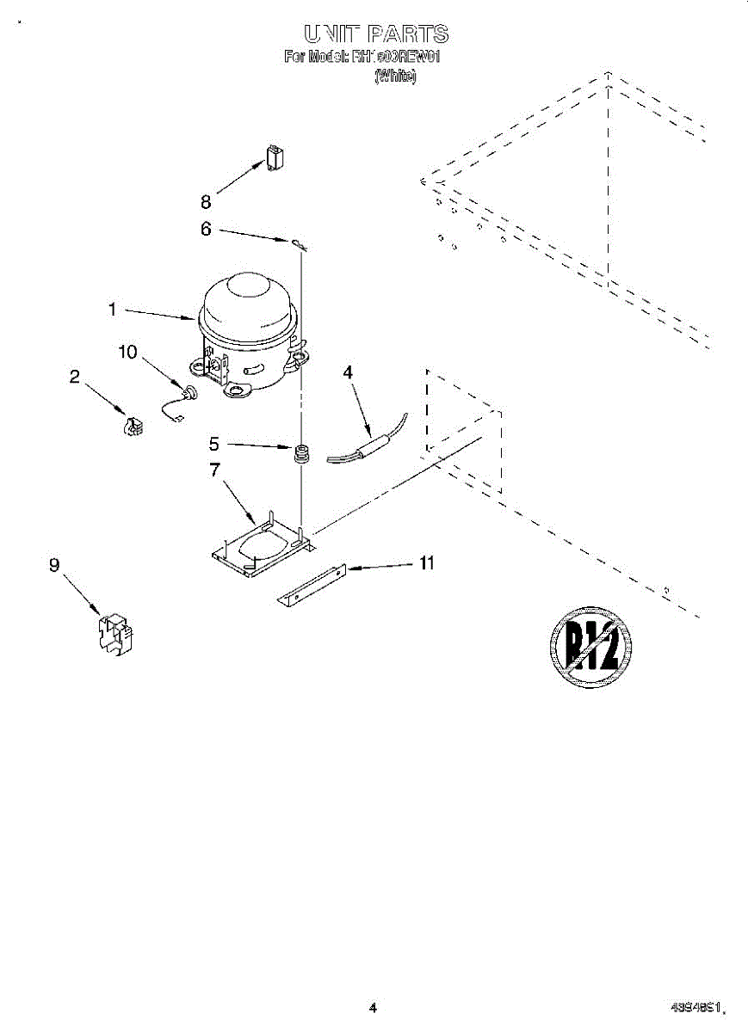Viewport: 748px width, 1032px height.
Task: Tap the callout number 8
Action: (x=206, y=203)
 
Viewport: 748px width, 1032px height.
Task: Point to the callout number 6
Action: (x=206, y=229)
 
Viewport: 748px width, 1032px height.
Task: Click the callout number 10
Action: (x=127, y=352)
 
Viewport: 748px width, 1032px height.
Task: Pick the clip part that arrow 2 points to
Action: (x=133, y=425)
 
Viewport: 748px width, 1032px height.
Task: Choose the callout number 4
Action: (x=348, y=372)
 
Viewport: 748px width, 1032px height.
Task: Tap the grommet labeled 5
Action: (x=302, y=452)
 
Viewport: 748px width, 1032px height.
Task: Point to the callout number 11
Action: (x=426, y=563)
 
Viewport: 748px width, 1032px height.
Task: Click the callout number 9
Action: (x=55, y=565)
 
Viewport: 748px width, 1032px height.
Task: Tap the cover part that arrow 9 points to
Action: (x=114, y=636)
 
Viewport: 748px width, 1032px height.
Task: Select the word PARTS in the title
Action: (x=408, y=34)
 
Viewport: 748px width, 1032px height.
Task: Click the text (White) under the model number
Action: (x=395, y=77)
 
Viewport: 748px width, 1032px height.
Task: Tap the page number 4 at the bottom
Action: (x=373, y=1008)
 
